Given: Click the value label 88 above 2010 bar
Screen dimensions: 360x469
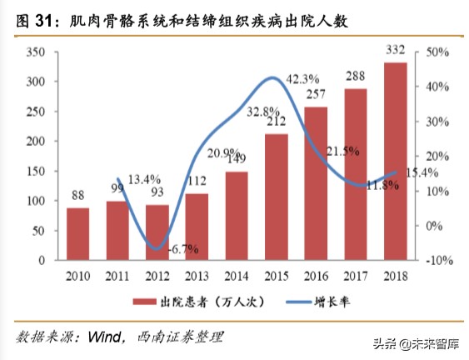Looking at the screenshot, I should tap(78, 197).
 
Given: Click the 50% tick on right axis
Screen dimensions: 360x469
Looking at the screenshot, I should tap(437, 52).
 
